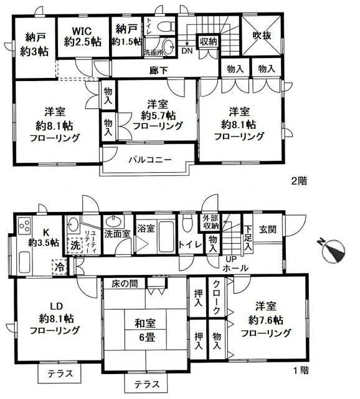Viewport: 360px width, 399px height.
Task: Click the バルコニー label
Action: click(x=147, y=160)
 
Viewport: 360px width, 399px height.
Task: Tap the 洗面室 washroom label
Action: click(x=116, y=234)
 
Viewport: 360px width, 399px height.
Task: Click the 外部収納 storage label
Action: click(x=212, y=223)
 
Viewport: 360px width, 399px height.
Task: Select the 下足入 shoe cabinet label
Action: click(x=249, y=236)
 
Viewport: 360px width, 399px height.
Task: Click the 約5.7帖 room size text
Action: click(x=157, y=114)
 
